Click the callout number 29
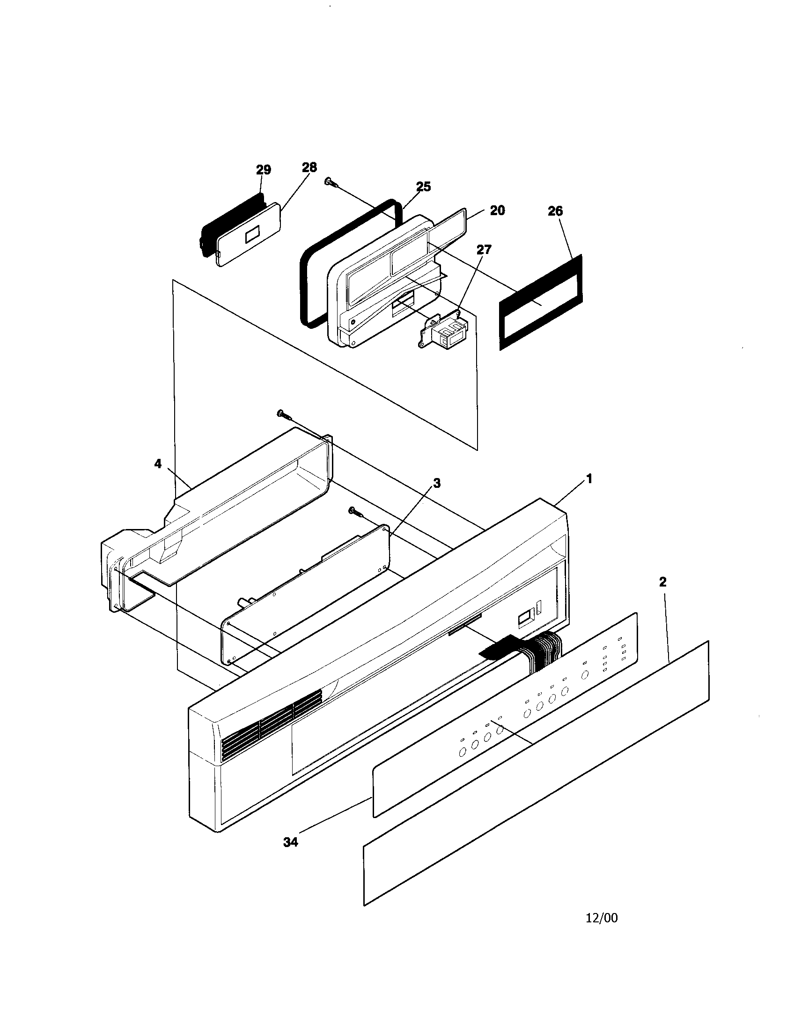(264, 170)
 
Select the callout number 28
(309, 167)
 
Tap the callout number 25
(423, 187)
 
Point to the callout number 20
(497, 210)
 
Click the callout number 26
(555, 211)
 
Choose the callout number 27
(484, 250)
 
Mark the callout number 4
(158, 464)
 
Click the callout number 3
(437, 483)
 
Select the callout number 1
(588, 479)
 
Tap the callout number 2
(662, 582)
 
